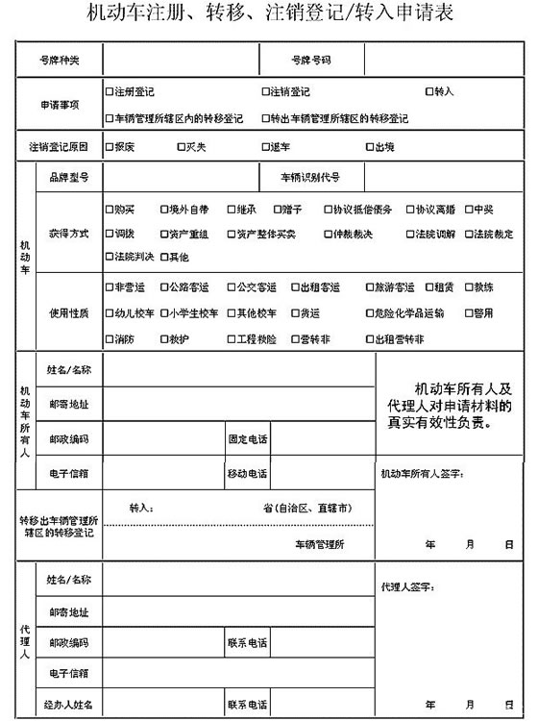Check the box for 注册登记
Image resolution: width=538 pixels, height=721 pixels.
point(110,92)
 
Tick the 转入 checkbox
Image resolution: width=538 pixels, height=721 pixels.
point(429,92)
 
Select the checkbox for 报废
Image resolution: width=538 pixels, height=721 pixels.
point(110,147)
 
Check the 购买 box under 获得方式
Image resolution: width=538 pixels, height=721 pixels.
point(110,209)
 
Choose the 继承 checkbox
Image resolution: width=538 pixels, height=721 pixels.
point(232,209)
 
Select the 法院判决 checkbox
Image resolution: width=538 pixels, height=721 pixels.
point(110,257)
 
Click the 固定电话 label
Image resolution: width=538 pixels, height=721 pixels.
point(247,439)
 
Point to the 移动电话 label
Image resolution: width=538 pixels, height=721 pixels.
point(247,473)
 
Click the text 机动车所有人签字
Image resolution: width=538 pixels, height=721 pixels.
point(423,473)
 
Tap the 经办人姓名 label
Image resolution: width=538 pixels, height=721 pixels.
point(69,706)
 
